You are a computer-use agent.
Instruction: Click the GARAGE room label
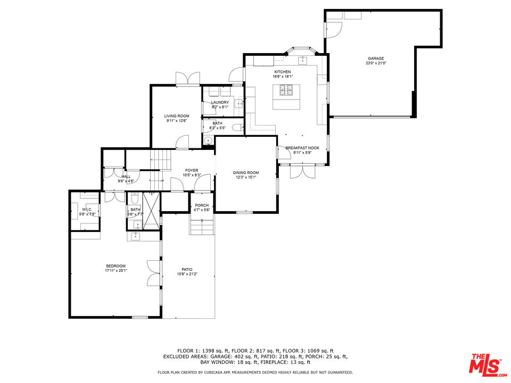375,59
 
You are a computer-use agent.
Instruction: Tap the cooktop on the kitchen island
286,92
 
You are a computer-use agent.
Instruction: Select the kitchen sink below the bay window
302,60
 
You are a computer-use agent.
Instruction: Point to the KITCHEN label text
283,72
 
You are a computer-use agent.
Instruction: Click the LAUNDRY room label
220,103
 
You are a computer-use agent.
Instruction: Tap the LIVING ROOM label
176,116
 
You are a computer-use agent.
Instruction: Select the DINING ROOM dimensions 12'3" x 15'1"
245,178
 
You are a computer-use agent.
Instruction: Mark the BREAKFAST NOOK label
302,148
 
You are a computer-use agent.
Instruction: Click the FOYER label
191,171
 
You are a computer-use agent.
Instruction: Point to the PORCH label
202,205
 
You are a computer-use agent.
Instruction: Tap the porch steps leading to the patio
202,227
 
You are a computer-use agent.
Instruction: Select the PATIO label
187,269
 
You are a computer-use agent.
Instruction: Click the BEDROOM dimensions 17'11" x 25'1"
116,271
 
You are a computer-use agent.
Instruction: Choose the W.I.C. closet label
87,210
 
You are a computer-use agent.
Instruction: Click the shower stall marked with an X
151,211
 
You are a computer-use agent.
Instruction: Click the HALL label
126,177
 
